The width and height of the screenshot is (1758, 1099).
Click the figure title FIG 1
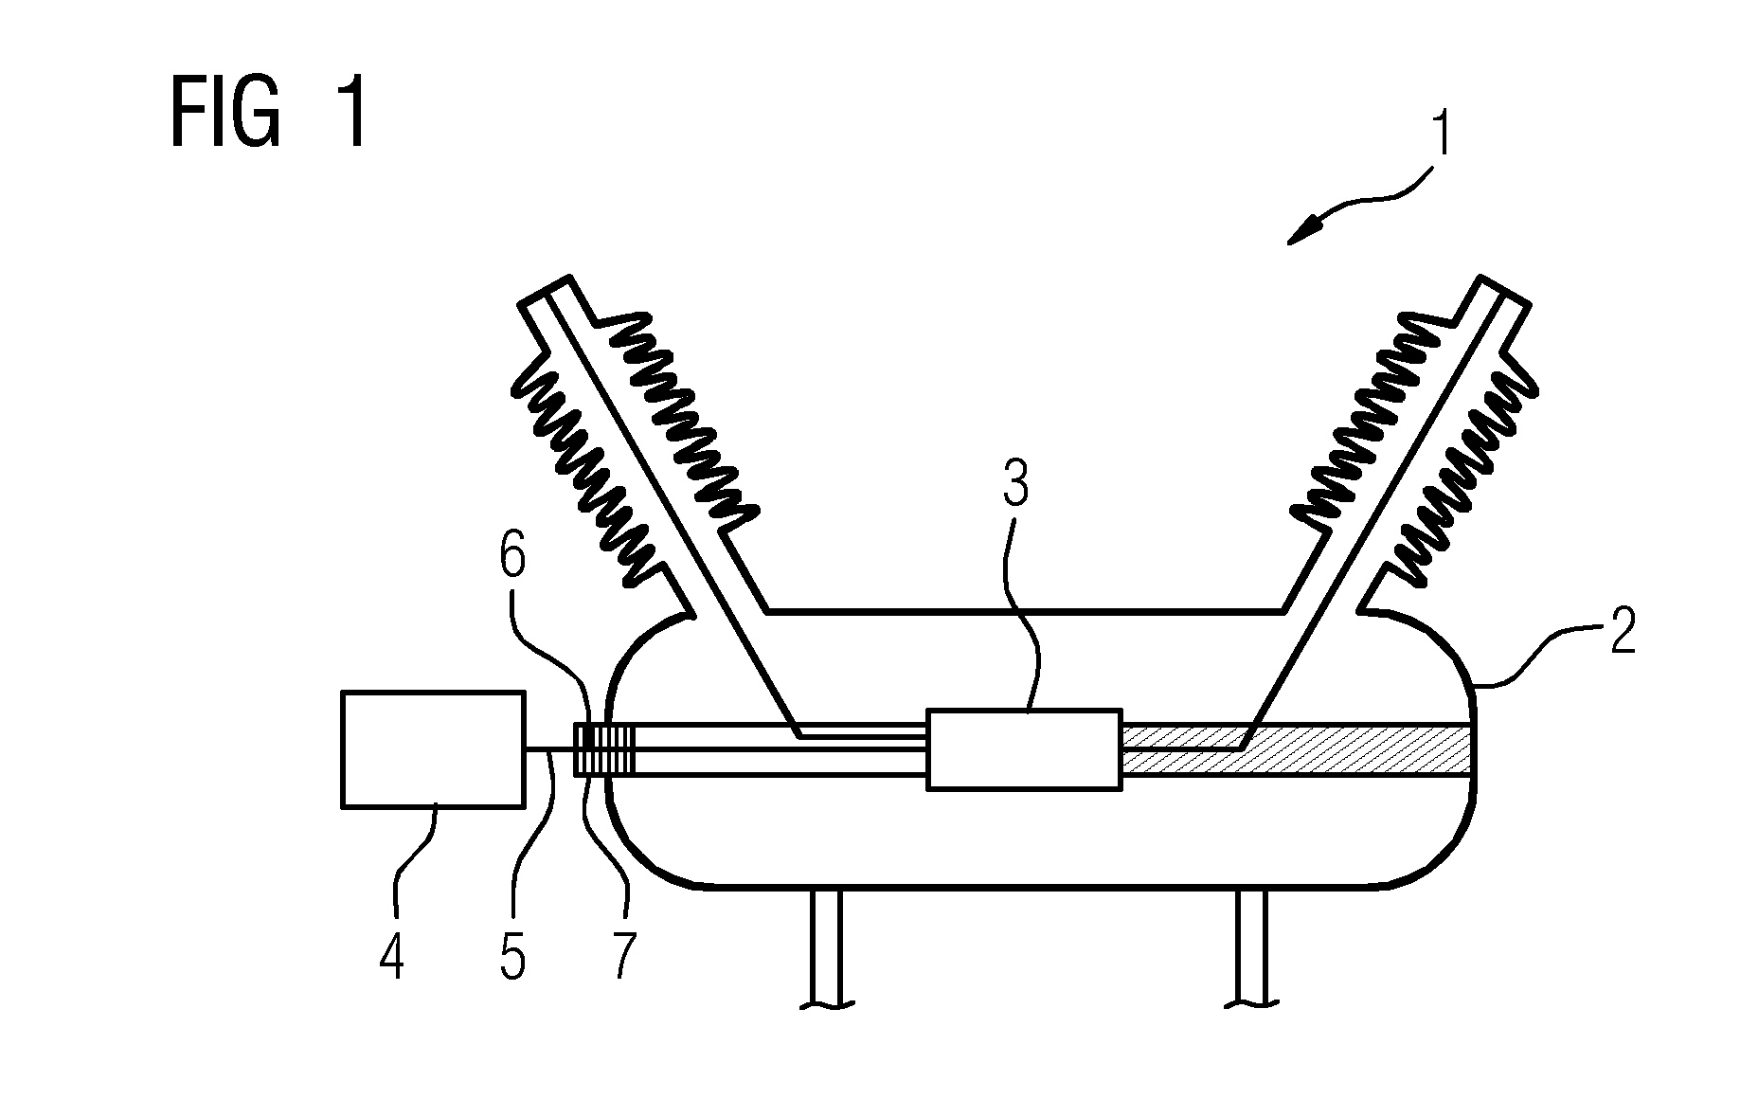click(x=269, y=113)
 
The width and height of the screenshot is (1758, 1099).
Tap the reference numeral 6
click(x=512, y=559)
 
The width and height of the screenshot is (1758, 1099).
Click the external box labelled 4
click(x=432, y=748)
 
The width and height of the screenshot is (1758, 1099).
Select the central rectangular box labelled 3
click(x=1023, y=748)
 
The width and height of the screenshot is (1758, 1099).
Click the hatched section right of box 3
click(x=1296, y=749)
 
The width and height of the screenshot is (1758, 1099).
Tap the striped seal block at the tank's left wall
click(x=604, y=749)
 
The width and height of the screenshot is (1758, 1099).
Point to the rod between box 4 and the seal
click(x=549, y=749)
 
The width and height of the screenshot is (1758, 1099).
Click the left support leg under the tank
click(x=826, y=947)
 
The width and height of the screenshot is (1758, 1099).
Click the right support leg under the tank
click(x=1253, y=947)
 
